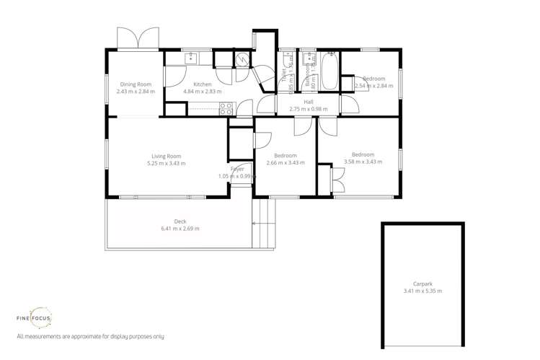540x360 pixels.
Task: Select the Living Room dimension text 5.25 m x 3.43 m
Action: click(x=166, y=163)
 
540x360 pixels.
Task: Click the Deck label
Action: click(x=180, y=221)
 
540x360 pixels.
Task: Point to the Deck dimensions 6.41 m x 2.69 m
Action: click(x=180, y=229)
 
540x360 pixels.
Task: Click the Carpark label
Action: click(x=422, y=284)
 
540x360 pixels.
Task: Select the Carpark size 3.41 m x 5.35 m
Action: click(x=422, y=291)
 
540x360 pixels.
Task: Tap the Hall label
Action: click(x=309, y=102)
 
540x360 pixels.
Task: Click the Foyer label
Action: click(x=237, y=169)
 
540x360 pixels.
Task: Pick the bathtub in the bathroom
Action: click(x=329, y=73)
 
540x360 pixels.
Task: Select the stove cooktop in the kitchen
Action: click(x=226, y=109)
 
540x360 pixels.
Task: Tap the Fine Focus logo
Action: click(x=34, y=317)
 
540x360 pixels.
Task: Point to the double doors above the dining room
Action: click(x=138, y=38)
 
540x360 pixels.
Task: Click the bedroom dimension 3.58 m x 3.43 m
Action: click(x=363, y=162)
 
